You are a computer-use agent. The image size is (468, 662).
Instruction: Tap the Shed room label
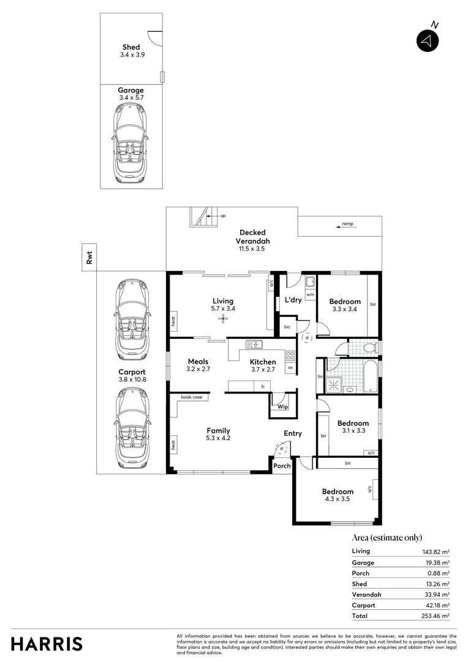[131, 47]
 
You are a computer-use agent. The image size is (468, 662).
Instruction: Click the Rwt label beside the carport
[89, 259]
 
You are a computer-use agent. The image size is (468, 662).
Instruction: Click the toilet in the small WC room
[369, 348]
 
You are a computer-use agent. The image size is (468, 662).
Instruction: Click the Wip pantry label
[282, 406]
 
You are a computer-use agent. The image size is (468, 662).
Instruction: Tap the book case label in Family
[191, 397]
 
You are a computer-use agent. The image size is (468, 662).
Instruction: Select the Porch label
[282, 466]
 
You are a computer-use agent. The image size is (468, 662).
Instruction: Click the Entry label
[293, 433]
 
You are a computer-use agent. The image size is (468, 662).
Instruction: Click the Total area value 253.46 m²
[431, 615]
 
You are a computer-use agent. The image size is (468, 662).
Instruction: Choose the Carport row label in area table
[363, 605]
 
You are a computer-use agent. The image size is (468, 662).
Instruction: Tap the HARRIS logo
[47, 644]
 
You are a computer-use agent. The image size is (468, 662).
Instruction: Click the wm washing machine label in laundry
[310, 295]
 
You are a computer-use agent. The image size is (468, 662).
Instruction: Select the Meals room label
[198, 362]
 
